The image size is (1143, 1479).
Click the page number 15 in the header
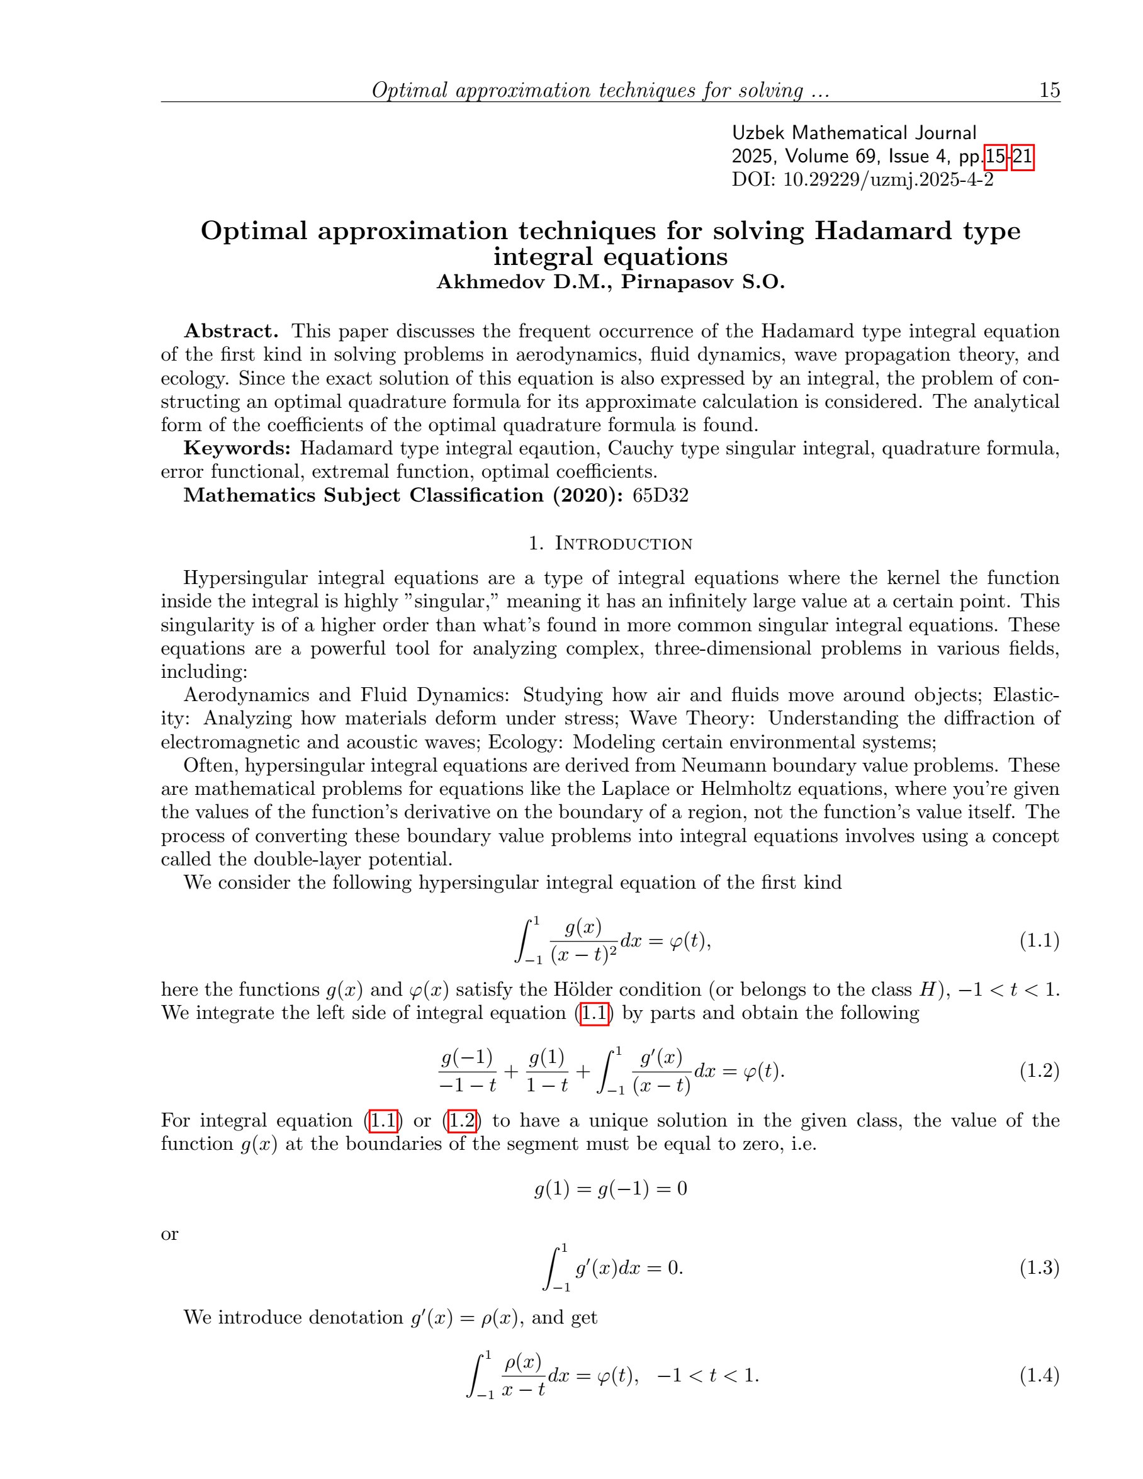tap(1049, 90)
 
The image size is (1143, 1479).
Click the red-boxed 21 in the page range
tap(1022, 157)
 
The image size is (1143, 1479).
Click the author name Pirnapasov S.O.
tap(703, 282)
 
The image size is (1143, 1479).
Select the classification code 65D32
tap(660, 495)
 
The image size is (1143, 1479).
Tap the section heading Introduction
tap(623, 544)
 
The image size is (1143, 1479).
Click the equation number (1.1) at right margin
tap(1039, 941)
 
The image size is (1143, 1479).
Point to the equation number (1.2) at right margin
tap(1039, 1071)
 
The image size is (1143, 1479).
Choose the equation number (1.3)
tap(1039, 1268)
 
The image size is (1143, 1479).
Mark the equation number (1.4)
tap(1039, 1375)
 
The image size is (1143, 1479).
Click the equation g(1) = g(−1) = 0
tap(610, 1188)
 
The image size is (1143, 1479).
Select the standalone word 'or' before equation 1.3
tap(169, 1234)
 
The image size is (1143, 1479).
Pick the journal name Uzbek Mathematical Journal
tap(854, 133)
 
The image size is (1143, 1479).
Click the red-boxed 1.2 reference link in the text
tap(462, 1121)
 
